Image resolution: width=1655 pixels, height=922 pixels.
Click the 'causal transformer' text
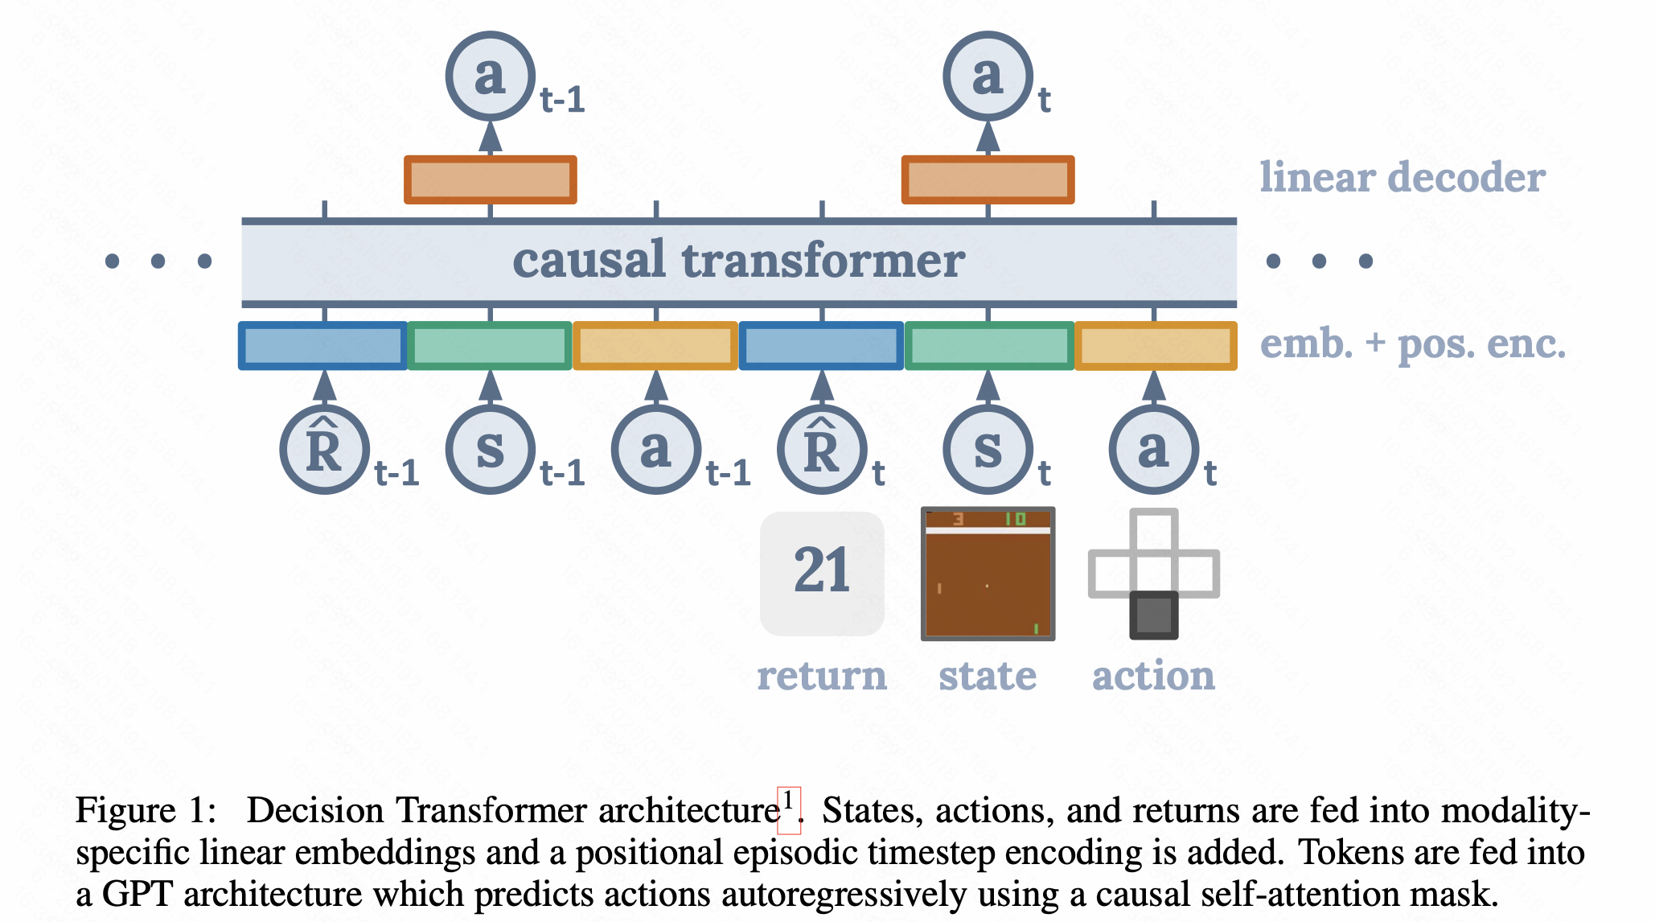[738, 261]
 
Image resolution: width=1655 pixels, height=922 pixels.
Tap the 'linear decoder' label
[1402, 177]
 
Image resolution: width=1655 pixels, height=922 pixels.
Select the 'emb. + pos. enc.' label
[1412, 344]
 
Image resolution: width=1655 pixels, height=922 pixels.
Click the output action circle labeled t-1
[491, 76]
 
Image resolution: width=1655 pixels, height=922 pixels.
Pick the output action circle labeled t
[988, 76]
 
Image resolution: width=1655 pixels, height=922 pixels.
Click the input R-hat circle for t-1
[324, 451]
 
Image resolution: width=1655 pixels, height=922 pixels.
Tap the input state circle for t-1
[491, 451]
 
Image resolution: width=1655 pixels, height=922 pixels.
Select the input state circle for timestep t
[988, 451]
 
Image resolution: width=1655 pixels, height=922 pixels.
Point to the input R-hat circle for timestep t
[822, 451]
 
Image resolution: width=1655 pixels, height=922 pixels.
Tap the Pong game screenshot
[988, 574]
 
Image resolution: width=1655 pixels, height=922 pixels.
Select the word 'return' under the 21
[822, 676]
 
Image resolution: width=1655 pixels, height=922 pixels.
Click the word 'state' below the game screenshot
[988, 676]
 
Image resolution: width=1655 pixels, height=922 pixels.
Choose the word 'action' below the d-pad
[1153, 676]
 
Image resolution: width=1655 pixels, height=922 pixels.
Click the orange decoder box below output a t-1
[491, 179]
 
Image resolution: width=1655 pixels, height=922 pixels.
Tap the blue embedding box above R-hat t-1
[323, 346]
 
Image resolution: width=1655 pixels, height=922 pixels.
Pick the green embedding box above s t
[989, 346]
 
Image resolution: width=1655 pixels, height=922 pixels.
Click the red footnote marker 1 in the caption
[789, 803]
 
